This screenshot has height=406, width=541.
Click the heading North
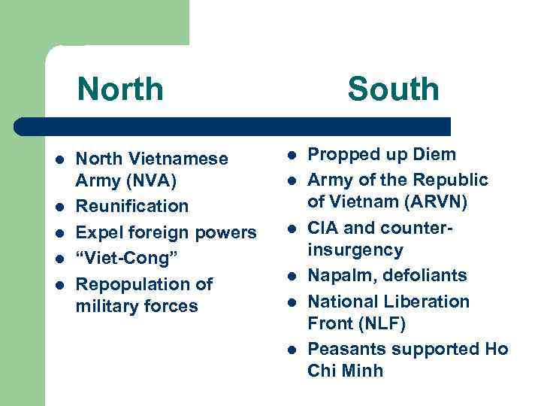(x=119, y=89)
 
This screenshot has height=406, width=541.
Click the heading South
(x=392, y=89)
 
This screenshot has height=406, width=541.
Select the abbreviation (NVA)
(x=155, y=181)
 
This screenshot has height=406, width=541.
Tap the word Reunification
(x=133, y=206)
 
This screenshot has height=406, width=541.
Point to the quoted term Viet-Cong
(x=125, y=259)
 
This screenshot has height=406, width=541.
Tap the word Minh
(x=362, y=371)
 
